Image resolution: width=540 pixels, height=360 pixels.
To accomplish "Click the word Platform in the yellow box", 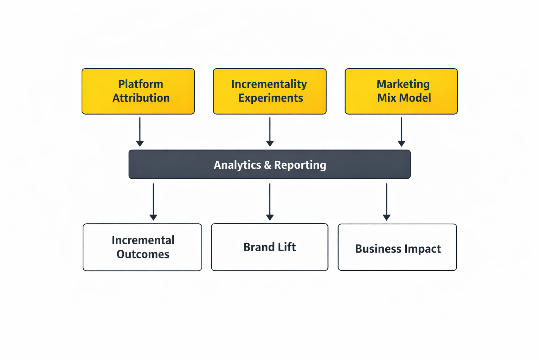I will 140,84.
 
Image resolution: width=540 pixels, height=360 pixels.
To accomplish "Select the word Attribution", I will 141,98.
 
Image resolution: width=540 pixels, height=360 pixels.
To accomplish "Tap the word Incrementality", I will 269,84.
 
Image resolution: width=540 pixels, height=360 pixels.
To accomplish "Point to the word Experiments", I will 270,98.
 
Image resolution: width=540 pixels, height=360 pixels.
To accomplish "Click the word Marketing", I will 403,84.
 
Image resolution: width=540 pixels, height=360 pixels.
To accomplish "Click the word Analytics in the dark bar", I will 237,165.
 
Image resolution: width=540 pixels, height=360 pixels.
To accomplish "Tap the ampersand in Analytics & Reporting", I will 268,165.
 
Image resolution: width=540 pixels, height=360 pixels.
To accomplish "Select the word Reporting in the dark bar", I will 300,165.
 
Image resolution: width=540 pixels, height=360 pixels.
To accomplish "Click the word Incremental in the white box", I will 143,240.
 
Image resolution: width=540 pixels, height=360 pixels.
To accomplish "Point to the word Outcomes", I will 143,254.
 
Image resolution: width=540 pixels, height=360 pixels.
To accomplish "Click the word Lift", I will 287,247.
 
